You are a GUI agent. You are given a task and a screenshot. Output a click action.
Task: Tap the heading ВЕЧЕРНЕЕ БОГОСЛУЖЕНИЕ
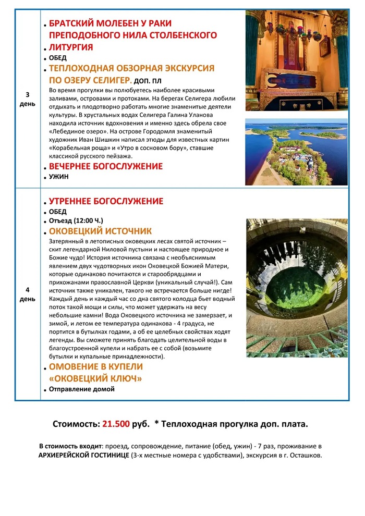click(105, 166)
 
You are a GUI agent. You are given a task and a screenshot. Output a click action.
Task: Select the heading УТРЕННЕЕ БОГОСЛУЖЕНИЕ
click(106, 201)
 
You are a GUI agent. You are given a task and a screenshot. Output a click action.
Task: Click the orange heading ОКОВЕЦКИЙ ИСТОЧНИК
click(100, 231)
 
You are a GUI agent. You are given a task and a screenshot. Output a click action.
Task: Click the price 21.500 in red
click(116, 424)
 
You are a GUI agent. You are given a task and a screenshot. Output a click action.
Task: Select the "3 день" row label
click(28, 99)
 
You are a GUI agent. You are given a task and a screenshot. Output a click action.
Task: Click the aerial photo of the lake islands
click(296, 152)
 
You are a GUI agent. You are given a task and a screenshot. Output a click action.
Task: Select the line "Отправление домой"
click(81, 389)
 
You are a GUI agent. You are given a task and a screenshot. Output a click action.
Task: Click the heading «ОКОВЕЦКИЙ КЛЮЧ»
click(95, 378)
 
